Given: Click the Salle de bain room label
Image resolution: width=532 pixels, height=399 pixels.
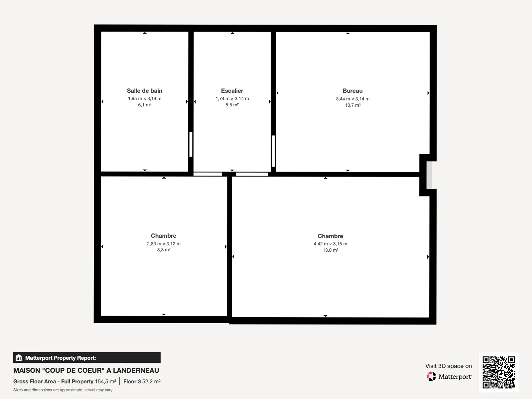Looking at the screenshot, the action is tap(144, 91).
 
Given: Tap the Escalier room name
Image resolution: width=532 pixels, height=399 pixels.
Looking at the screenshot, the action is tap(232, 91).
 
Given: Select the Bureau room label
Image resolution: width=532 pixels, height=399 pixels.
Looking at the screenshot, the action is tap(352, 91).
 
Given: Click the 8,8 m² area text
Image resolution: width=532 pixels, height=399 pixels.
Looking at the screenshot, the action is tap(164, 250).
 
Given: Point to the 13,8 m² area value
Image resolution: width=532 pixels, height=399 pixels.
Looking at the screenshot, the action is tap(331, 250).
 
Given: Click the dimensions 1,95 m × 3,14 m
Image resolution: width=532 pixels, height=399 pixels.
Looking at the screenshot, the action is tap(144, 99).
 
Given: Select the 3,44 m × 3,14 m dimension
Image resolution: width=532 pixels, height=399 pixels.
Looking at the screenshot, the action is tap(352, 99).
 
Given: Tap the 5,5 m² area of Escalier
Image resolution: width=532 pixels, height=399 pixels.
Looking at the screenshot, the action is tap(232, 105).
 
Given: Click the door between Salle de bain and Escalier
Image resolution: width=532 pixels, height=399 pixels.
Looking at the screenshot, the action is tap(191, 144).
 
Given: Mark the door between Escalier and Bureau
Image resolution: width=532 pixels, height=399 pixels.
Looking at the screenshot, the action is tap(273, 151).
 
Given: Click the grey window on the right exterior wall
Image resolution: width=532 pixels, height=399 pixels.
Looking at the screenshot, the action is tap(429, 175).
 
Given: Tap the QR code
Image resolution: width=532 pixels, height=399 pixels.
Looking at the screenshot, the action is tap(498, 372).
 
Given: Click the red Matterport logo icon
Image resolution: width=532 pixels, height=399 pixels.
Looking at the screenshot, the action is tap(431, 376).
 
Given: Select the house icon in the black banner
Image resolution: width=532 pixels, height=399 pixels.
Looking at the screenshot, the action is tap(19, 357).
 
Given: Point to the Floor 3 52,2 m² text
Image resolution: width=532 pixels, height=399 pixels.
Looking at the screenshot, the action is tap(142, 382).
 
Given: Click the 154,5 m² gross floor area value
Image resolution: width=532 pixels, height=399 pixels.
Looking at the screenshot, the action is tap(105, 382).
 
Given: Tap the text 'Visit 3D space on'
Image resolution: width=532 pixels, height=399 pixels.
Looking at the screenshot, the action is tap(449, 366).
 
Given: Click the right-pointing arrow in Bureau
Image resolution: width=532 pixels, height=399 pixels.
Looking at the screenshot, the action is tap(428, 93).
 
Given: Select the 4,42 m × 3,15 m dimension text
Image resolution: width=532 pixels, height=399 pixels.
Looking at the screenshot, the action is tap(331, 244).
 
